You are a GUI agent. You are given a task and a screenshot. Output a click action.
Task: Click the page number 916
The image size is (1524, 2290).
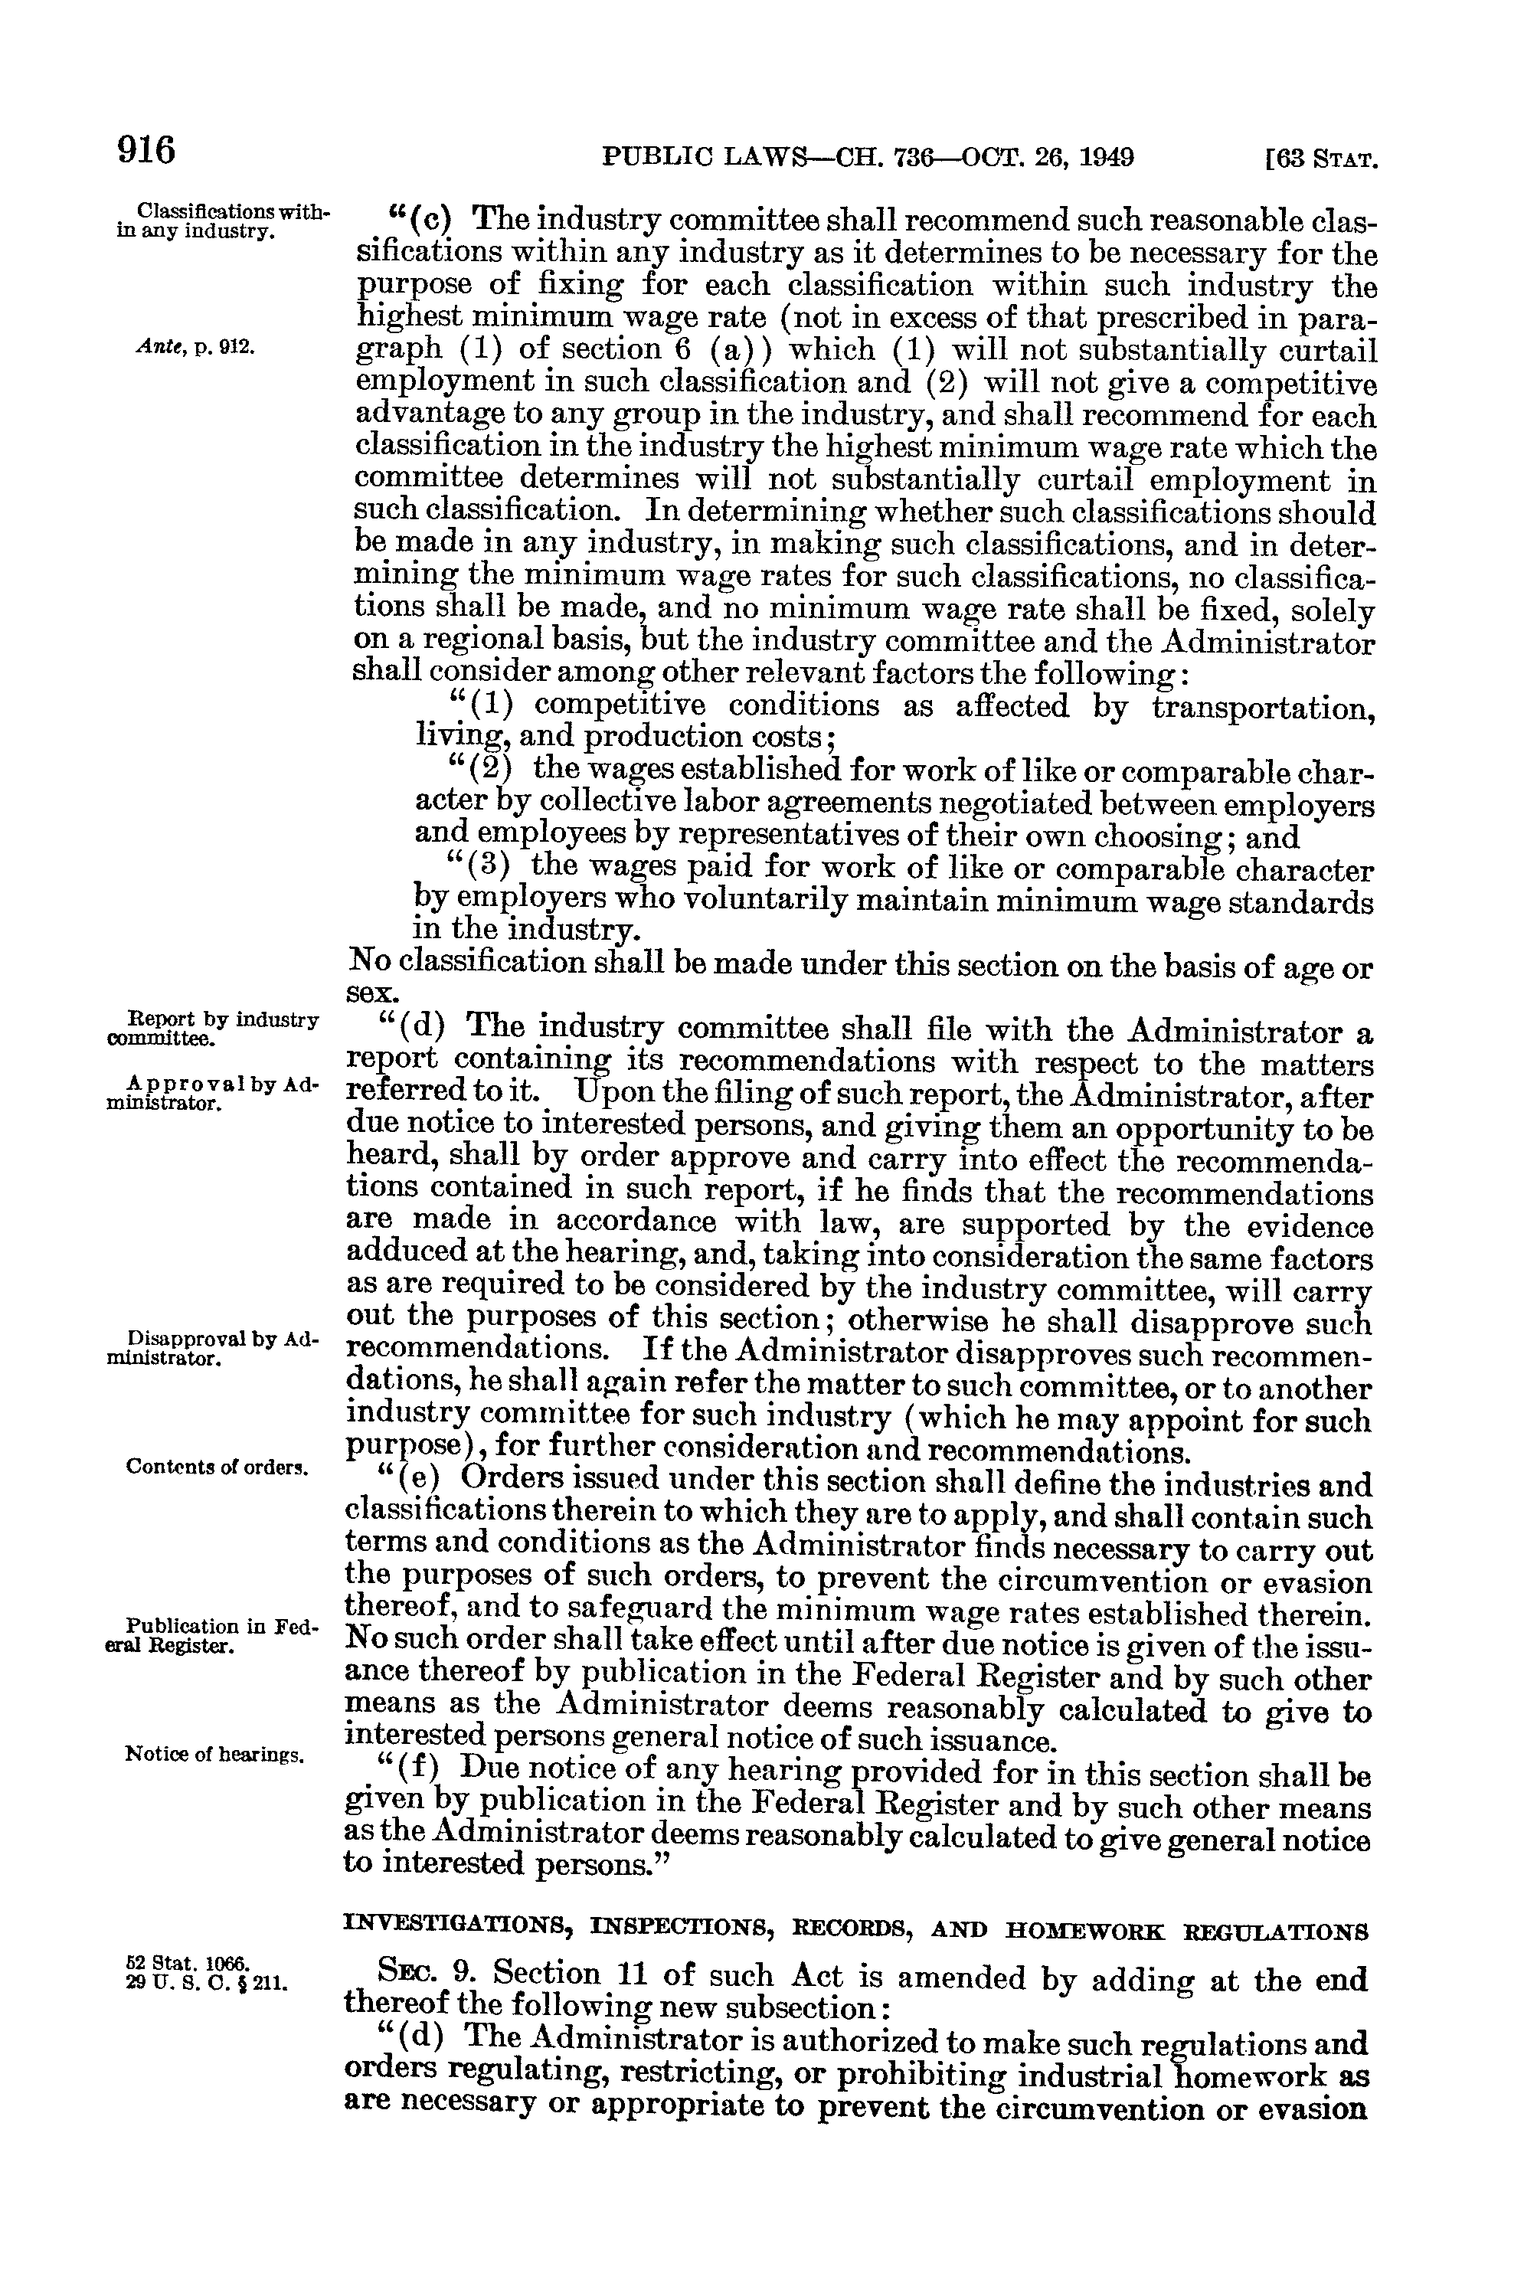pyautogui.click(x=146, y=152)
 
